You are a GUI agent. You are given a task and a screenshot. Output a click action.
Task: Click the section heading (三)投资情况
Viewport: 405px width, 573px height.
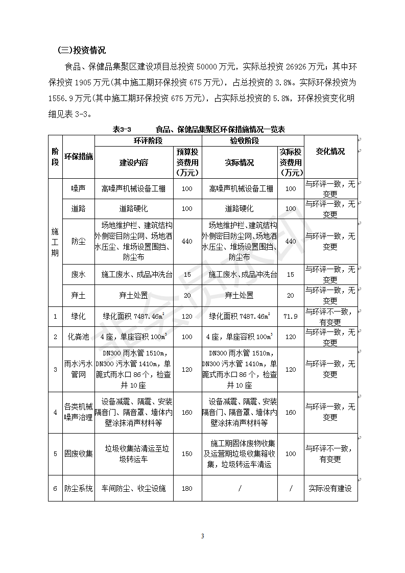tap(82, 50)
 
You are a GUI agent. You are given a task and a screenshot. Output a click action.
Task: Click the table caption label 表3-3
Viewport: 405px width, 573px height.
tap(122, 130)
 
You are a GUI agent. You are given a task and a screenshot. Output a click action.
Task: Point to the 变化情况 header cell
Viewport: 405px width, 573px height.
tap(330, 151)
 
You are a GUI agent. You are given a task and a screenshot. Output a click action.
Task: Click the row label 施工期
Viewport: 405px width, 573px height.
tap(55, 242)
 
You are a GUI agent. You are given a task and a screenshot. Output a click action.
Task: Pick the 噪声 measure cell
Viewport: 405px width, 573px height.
tap(79, 188)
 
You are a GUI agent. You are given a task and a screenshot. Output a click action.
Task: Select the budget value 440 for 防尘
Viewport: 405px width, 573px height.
tap(187, 241)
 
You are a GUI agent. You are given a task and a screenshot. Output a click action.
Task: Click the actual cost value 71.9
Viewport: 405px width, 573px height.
tap(291, 317)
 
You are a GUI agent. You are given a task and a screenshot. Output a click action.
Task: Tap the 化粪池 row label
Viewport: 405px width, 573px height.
tap(79, 337)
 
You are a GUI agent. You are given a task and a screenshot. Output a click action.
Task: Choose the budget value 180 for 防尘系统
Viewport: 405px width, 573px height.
tap(187, 489)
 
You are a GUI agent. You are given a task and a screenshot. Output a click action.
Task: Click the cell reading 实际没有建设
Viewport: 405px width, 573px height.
tap(330, 489)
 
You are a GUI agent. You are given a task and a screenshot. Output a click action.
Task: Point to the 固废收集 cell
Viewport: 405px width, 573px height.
tap(79, 454)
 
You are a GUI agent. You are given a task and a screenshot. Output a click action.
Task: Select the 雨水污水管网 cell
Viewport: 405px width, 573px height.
tap(79, 369)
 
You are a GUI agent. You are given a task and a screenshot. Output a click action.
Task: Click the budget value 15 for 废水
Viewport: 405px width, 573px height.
tap(187, 275)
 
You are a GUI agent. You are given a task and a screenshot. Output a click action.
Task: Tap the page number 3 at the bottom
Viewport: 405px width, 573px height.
tap(203, 536)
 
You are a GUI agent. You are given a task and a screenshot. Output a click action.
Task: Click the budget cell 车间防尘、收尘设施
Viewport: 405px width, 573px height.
tap(134, 489)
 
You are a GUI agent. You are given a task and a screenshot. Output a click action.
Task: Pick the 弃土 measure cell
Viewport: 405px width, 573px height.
tap(79, 295)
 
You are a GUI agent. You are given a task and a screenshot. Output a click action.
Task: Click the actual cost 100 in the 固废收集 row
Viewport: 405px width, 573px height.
tap(291, 454)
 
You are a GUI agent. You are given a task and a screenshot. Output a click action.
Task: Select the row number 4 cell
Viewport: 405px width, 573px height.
tap(55, 412)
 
